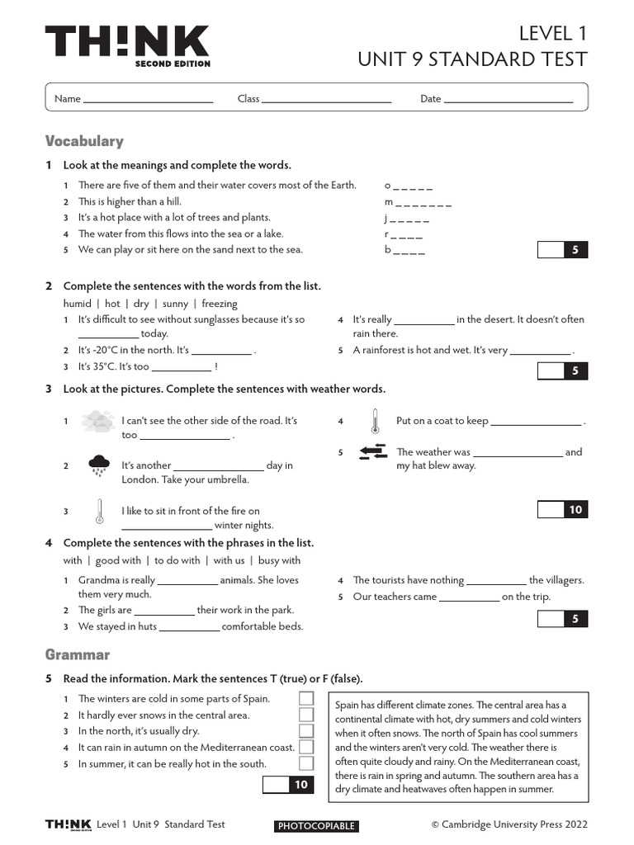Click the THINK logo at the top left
127,45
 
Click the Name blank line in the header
149,100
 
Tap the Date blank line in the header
509,100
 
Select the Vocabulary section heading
84,141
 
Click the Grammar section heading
78,654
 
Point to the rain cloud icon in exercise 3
99,465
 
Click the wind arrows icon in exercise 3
373,451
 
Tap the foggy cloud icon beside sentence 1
98,422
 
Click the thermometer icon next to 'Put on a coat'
374,422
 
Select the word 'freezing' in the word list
219,304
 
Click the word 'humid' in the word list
78,304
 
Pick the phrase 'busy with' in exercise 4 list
280,561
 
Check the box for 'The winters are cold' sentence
306,699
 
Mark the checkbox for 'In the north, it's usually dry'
306,731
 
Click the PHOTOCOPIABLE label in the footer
316,826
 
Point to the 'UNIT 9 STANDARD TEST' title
472,59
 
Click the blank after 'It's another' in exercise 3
219,466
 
